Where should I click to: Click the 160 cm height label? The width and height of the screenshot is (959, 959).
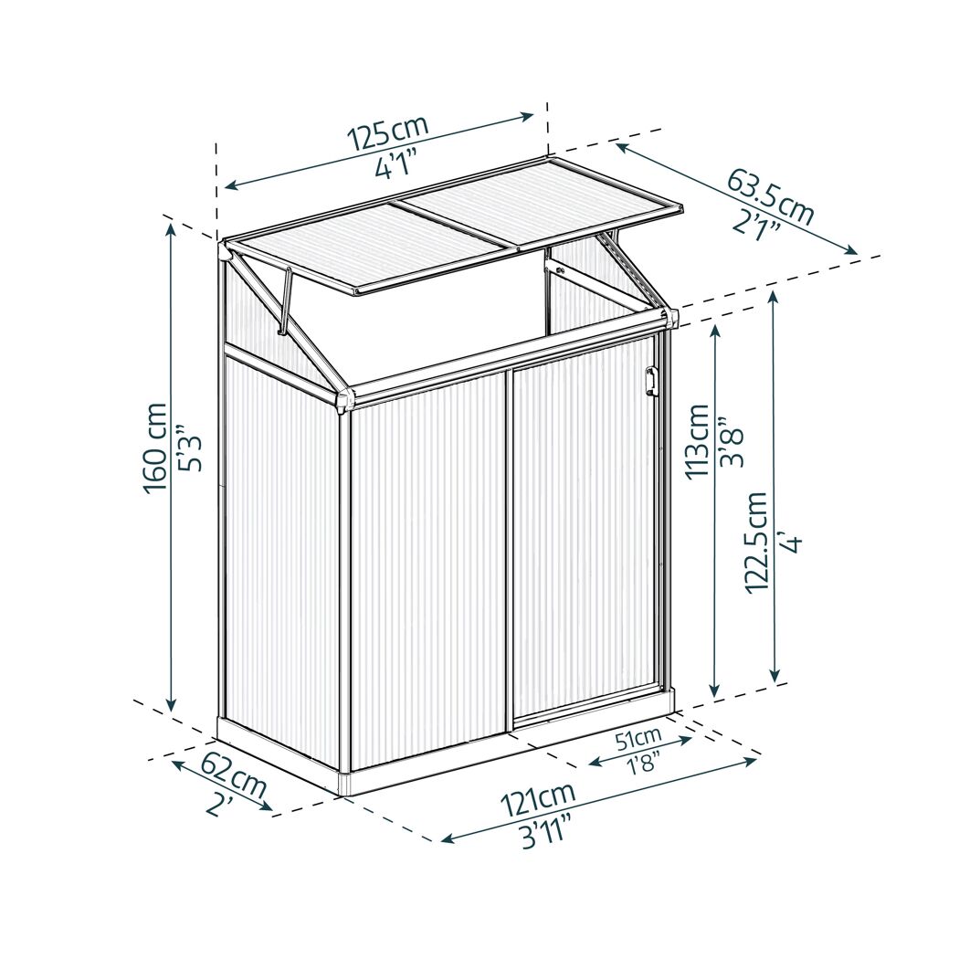[x=154, y=448]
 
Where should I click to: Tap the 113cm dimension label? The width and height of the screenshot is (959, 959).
[x=697, y=442]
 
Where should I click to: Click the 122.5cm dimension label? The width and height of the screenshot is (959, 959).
[x=756, y=542]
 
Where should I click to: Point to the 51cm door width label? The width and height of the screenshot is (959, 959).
[x=638, y=739]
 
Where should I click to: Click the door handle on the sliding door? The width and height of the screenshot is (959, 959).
[x=649, y=379]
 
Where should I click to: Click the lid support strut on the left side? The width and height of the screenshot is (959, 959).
[x=285, y=300]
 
